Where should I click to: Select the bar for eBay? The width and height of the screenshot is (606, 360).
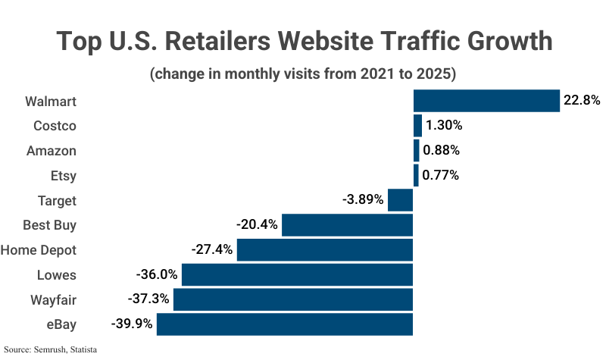coord(284,324)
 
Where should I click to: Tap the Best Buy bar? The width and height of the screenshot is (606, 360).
coord(347,225)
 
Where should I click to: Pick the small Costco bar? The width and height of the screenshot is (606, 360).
coord(417,125)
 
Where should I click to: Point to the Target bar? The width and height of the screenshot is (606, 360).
coord(400,200)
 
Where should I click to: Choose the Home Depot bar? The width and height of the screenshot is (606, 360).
coord(324,250)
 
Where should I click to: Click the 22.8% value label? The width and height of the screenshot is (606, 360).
coord(582,100)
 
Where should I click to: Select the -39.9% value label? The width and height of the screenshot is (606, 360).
coord(132,324)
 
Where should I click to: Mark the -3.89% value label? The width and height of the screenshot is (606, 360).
coord(364,200)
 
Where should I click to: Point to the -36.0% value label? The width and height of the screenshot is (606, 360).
coord(157,274)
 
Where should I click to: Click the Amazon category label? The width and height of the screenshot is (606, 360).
coord(52,150)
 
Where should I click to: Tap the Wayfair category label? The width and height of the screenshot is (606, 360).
coord(53,299)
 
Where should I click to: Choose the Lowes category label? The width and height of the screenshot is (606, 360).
coord(57,274)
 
